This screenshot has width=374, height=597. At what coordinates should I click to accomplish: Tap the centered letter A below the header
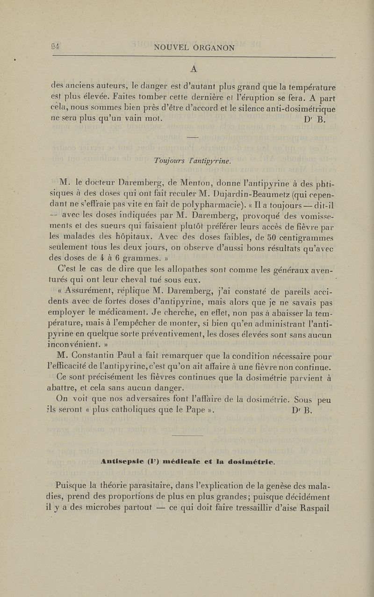[x=194, y=69]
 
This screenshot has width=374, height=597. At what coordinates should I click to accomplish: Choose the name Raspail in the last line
[x=312, y=505]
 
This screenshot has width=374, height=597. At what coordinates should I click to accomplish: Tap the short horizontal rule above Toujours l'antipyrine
[x=194, y=137]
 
